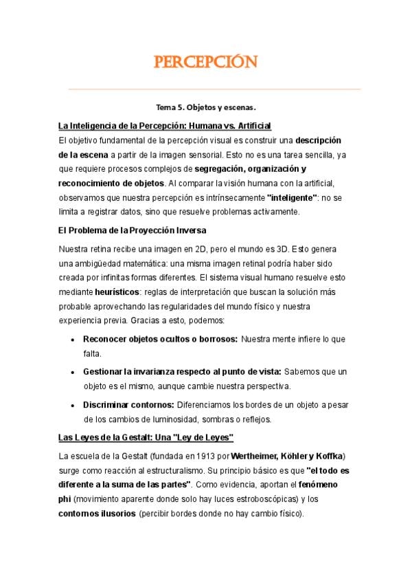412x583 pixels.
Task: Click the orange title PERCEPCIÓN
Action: pyautogui.click(x=206, y=63)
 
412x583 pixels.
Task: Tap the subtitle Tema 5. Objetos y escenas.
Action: pyautogui.click(x=206, y=108)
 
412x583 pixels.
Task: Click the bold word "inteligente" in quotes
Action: pyautogui.click(x=292, y=197)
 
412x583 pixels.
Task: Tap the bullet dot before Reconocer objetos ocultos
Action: pyautogui.click(x=73, y=340)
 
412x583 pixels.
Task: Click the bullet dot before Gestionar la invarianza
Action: pyautogui.click(x=73, y=372)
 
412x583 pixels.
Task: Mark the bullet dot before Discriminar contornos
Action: pyautogui.click(x=73, y=404)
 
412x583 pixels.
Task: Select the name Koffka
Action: pyautogui.click(x=328, y=456)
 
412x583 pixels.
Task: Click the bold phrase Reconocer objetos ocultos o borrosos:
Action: pyautogui.click(x=161, y=340)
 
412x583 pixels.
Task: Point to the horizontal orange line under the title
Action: pyautogui.click(x=214, y=89)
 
